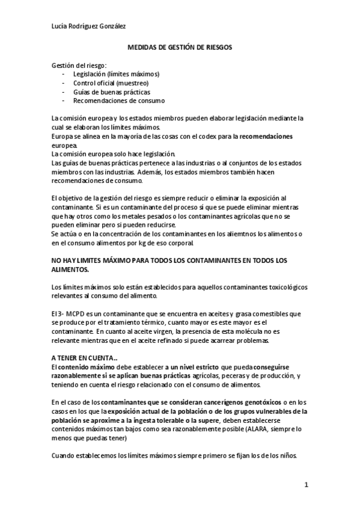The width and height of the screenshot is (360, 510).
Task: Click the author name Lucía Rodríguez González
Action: [x=88, y=25]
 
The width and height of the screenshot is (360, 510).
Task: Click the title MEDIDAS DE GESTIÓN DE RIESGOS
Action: [x=180, y=46]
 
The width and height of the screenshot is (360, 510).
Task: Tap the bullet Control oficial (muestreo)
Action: [x=103, y=83]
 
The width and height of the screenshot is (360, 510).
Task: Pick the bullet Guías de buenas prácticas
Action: [x=103, y=92]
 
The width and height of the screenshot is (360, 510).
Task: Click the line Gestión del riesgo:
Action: [x=79, y=65]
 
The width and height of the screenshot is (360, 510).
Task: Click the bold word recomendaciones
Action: [x=266, y=137]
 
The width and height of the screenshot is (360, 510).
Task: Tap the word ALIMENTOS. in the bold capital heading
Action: [x=70, y=270]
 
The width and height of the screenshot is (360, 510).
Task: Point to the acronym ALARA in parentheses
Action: [x=246, y=429]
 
